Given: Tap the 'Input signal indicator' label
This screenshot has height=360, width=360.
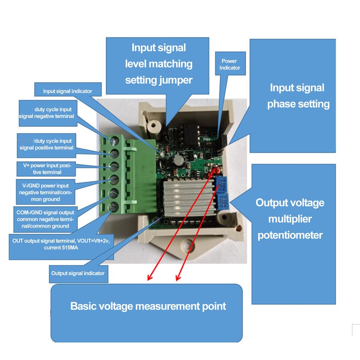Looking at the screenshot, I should tap(67, 91).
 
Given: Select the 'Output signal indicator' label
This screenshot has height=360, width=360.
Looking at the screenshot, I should tap(78, 273).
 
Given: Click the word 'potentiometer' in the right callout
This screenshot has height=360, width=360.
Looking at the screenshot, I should tap(290, 235).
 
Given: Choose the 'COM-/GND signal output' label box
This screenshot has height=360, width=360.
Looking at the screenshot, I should tap(44, 219).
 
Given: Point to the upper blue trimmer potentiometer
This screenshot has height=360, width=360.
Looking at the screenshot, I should tap(221, 183).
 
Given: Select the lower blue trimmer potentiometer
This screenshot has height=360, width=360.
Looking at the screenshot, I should tap(222, 199).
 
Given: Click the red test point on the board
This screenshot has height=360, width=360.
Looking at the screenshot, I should tap(214, 172).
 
